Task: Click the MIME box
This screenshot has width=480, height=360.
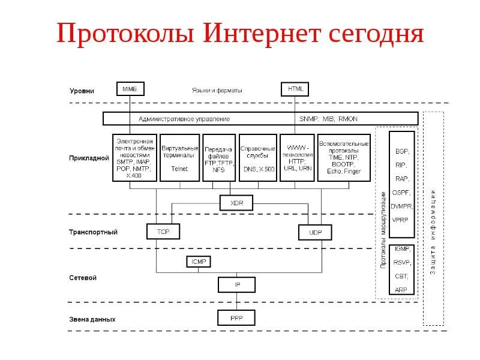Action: [x=130, y=89]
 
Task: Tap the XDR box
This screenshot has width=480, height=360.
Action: [x=236, y=203]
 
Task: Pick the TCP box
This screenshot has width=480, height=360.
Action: [x=163, y=231]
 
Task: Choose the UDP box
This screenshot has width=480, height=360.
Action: [x=315, y=232]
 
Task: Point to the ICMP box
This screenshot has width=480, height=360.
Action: [x=199, y=262]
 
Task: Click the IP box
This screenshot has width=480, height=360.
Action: [x=236, y=284]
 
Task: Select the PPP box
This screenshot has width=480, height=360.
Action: [x=236, y=317]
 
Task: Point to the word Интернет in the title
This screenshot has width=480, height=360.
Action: [x=264, y=34]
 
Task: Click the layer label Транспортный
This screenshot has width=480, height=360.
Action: [x=93, y=232]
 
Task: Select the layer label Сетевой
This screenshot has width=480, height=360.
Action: [x=83, y=278]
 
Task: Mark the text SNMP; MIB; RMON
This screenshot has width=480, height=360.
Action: [x=328, y=119]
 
